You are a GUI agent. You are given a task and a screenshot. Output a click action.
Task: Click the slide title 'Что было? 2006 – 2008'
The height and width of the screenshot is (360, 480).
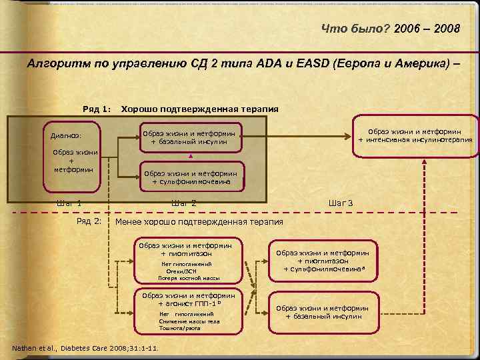click(390, 29)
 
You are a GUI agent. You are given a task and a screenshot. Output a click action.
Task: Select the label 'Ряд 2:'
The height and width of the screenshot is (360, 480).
click(89, 221)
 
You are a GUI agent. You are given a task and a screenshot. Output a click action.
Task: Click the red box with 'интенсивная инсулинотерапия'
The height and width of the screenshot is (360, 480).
click(415, 136)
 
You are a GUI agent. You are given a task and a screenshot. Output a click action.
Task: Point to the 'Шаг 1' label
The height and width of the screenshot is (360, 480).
click(69, 203)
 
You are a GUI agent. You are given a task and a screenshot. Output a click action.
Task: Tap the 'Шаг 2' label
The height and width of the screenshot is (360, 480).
click(183, 203)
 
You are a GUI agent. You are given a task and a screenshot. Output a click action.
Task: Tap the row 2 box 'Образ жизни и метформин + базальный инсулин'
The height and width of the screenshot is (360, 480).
click(323, 312)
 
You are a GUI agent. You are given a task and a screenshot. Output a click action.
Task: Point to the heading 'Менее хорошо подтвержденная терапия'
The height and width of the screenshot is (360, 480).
click(199, 221)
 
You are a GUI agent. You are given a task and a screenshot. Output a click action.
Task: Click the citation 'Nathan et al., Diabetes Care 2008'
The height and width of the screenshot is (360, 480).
click(85, 349)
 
